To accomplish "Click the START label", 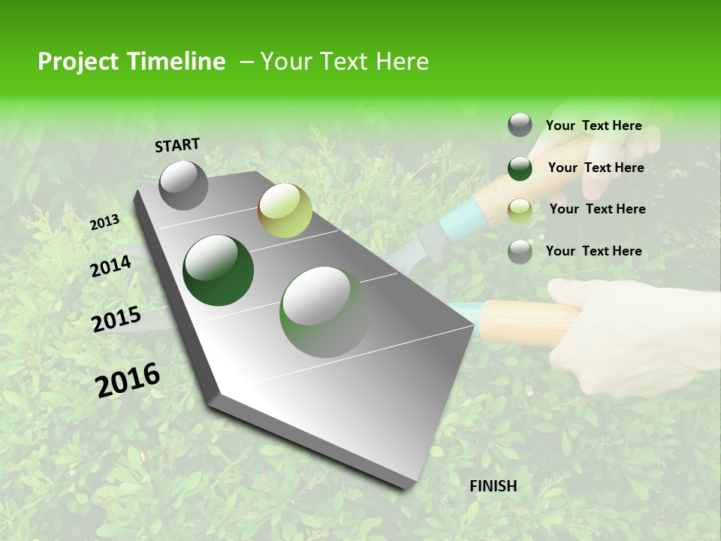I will tap(177, 145).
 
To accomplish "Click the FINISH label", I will tap(493, 486).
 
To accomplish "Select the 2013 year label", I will tap(104, 222).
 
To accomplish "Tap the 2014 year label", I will tap(110, 266).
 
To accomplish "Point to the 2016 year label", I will tap(128, 380).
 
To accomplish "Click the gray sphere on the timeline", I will tap(183, 185).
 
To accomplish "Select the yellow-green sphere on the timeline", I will tap(285, 210).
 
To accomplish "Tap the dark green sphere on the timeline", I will tap(219, 270).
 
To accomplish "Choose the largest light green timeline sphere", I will tap(324, 312).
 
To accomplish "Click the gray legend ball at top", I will tap(520, 125).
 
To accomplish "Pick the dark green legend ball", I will tap(520, 168).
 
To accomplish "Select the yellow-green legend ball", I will tap(520, 210).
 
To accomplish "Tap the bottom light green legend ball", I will tap(520, 252).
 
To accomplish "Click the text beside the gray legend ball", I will tap(593, 125).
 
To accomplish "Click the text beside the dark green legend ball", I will tap(596, 168).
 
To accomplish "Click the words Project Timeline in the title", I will tap(131, 62).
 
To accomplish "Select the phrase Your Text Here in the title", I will tap(345, 62).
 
